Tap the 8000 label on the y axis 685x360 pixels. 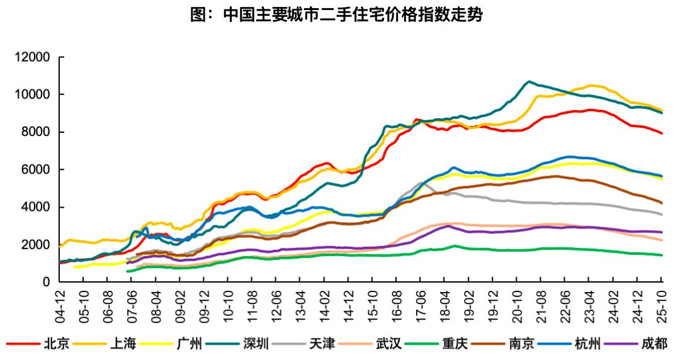[35, 132]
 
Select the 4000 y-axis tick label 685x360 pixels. [35, 207]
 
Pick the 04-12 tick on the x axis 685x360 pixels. [60, 302]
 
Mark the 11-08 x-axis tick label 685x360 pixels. [252, 302]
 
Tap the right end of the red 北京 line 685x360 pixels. [662, 133]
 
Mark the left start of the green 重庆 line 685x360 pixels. [127, 271]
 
